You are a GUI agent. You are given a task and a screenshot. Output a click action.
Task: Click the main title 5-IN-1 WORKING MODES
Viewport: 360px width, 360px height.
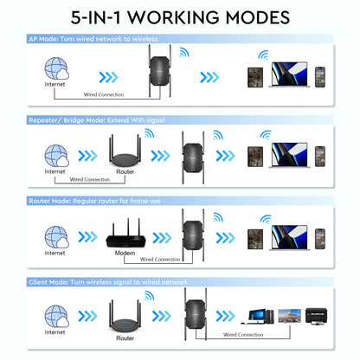pyautogui.click(x=180, y=17)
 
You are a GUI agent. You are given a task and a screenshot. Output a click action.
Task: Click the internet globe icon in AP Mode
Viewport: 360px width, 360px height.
pyautogui.click(x=55, y=68)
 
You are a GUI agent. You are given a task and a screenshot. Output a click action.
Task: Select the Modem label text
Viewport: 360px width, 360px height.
pyautogui.click(x=125, y=254)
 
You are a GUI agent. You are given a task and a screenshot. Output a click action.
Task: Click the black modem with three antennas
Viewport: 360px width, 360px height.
pyautogui.click(x=125, y=235)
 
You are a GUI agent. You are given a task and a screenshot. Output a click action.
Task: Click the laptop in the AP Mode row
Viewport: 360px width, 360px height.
pyautogui.click(x=289, y=74)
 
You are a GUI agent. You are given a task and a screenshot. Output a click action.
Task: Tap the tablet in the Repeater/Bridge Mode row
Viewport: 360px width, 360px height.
pyautogui.click(x=255, y=156)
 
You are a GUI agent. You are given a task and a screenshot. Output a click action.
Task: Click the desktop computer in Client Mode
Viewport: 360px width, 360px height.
pyautogui.click(x=260, y=317)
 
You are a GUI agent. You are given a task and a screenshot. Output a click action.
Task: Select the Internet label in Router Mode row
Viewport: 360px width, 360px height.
pyautogui.click(x=55, y=254)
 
